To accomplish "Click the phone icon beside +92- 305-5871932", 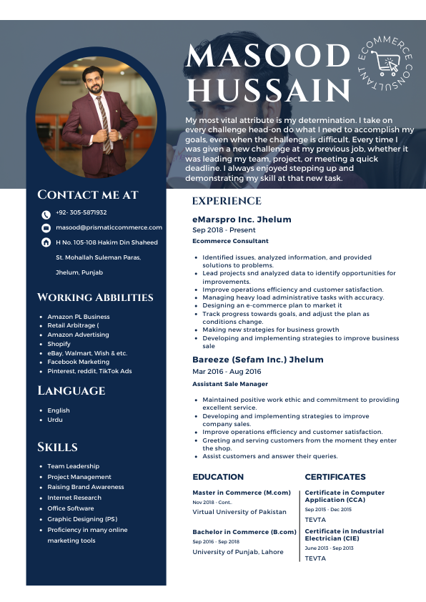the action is (46, 214).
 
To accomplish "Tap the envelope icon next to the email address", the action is (46, 228).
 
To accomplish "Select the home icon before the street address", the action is (46, 243).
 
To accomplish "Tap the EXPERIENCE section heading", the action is (227, 202).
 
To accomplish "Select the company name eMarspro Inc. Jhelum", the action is (242, 219).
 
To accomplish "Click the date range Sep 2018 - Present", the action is (224, 230).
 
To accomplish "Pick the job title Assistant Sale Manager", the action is (230, 385).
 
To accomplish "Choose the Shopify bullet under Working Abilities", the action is (59, 344).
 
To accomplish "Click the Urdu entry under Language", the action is (55, 420).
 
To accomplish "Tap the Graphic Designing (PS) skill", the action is (82, 519).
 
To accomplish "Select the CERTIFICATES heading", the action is (335, 477).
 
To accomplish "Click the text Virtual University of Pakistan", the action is (239, 512).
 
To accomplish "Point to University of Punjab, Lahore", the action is (237, 552).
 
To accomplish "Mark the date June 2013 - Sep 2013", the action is (329, 548).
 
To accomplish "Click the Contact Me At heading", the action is (88, 195).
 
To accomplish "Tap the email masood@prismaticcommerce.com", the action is (109, 227).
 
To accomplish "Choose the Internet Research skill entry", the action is (74, 498).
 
